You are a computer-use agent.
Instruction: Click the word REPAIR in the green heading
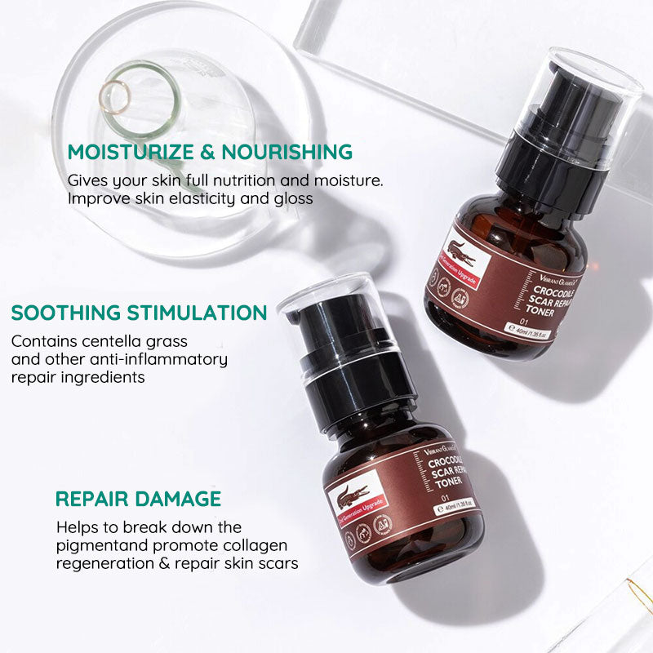[88, 499]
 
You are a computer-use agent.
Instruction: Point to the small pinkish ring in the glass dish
[113, 96]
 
